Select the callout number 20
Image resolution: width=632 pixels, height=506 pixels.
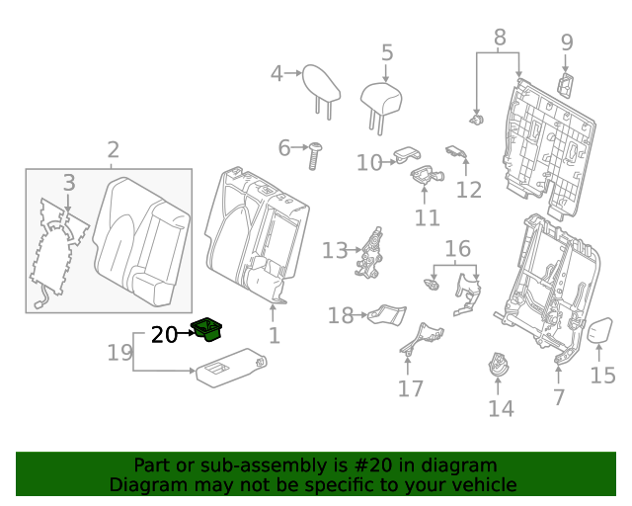click(164, 335)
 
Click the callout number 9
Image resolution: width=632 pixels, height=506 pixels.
click(566, 42)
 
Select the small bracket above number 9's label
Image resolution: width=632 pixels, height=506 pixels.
click(569, 84)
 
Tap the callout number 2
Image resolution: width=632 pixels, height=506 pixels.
click(113, 150)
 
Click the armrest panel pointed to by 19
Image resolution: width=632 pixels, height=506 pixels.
click(231, 369)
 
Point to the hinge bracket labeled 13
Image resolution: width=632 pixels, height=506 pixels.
click(371, 252)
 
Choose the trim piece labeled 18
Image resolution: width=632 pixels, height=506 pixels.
click(386, 315)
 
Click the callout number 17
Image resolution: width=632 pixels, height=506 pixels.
click(411, 388)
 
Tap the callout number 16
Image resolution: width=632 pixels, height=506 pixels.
click(456, 248)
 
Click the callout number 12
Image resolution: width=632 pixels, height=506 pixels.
click(468, 190)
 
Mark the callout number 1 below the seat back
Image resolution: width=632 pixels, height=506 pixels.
click(274, 336)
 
